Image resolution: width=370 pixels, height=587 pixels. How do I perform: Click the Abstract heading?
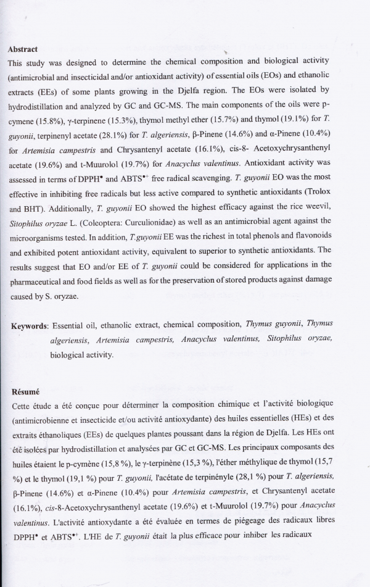(23, 49)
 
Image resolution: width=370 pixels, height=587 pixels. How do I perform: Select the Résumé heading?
(24, 391)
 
